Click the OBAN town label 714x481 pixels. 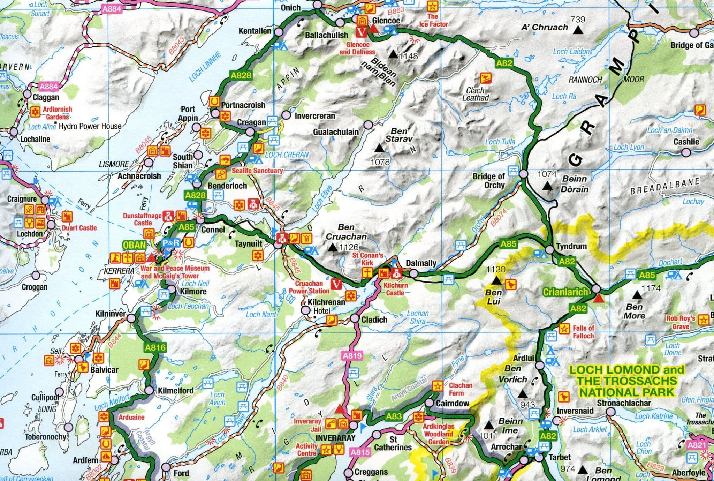(134, 245)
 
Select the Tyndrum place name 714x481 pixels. (571, 246)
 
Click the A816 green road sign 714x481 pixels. (155, 347)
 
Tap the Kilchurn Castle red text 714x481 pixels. (395, 289)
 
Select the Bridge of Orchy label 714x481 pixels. (489, 181)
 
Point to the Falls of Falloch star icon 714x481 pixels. (563, 328)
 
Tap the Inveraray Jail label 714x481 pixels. (307, 425)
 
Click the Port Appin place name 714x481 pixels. (188, 114)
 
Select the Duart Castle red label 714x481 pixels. (79, 228)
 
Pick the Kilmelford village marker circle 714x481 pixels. (149, 390)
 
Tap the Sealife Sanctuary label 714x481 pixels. (257, 171)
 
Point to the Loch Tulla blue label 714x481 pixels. (500, 142)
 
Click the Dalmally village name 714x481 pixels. (421, 263)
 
